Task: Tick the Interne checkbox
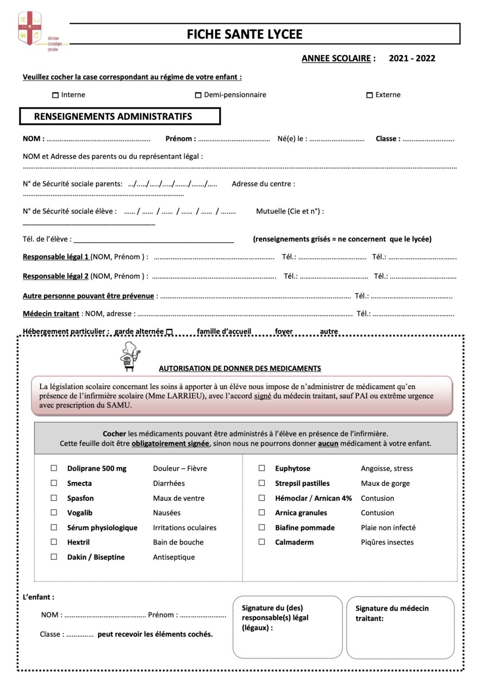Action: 55,95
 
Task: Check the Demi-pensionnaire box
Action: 198,95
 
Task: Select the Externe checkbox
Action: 369,95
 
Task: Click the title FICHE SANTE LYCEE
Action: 244,34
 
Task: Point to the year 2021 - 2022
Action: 412,58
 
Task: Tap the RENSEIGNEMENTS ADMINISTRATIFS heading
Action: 113,117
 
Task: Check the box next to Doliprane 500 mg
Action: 54,468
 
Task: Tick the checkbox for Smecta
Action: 54,483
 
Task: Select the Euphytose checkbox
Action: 262,468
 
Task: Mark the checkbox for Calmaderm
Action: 262,542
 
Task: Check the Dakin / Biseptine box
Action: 54,557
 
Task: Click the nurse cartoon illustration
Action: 130,356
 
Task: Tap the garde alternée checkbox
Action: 169,332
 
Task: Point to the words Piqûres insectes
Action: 387,542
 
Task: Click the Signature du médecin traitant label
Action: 392,613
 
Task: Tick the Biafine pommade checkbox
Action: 262,527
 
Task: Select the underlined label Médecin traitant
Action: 51,314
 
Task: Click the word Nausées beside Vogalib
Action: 167,513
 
